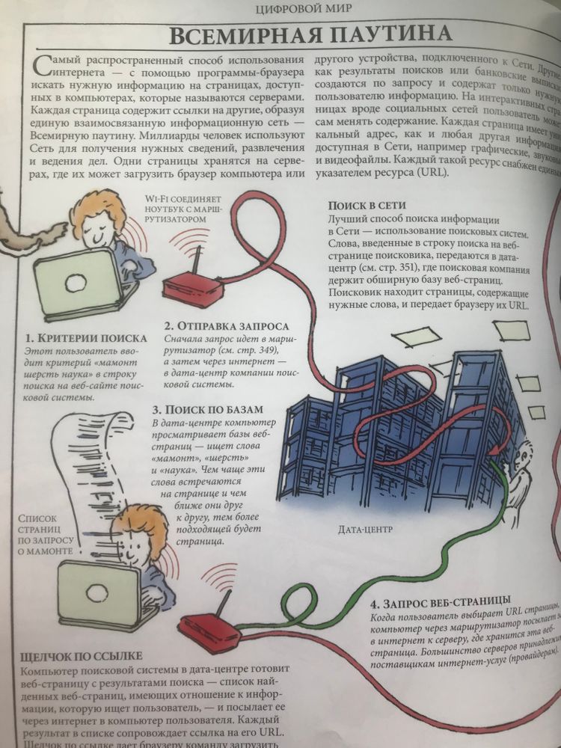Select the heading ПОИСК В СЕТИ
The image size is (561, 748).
click(364, 206)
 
